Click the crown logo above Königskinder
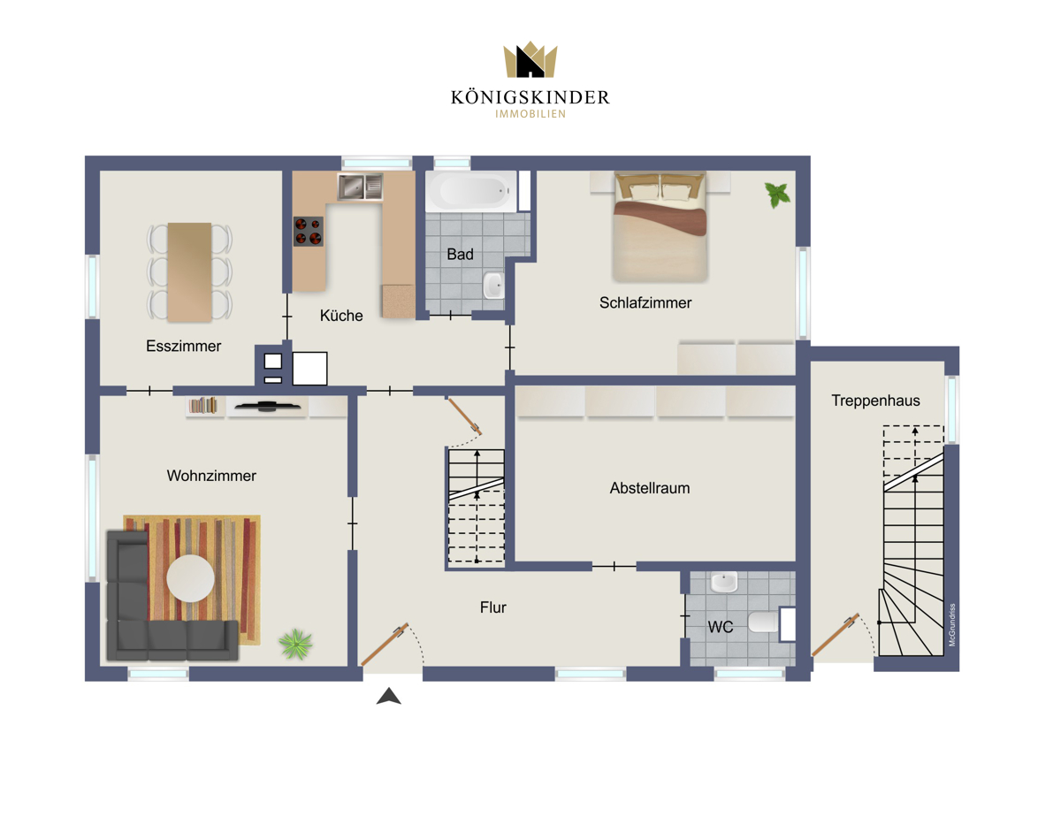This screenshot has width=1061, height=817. coord(530,59)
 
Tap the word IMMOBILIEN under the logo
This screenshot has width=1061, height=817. coord(530,114)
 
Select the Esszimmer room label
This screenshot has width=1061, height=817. coord(184,346)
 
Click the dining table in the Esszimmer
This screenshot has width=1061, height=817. coord(189,271)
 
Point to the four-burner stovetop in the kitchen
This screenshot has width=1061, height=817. coord(308,232)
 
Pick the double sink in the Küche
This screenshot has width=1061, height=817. coord(361,187)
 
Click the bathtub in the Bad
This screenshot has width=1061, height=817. coord(470,191)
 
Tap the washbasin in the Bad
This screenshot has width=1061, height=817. coord(493,286)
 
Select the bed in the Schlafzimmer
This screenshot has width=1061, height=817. coord(660,227)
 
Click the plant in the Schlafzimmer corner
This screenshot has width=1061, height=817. coord(777,195)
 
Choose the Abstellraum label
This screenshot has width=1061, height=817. coord(649,488)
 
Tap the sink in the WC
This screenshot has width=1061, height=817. coord(724,583)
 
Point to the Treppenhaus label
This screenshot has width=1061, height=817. coord(875,401)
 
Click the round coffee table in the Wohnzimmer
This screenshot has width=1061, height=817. coord(190,578)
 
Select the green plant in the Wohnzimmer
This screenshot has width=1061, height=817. coord(295,644)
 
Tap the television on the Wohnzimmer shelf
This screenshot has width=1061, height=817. coord(268,405)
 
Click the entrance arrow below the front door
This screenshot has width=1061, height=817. coord(389,696)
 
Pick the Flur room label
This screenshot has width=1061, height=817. coord(493,607)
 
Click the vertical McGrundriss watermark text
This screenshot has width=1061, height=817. coord(951,625)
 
